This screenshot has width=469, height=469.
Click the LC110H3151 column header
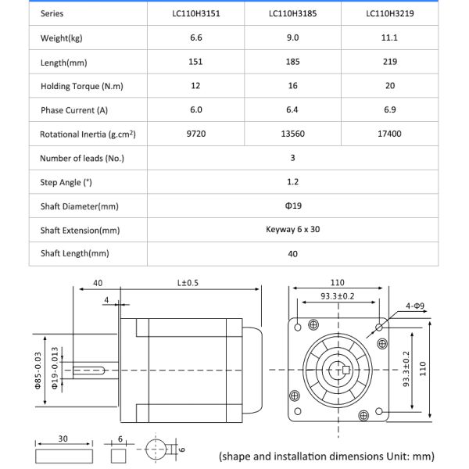click(x=195, y=13)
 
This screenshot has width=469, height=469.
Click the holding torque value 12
click(x=195, y=86)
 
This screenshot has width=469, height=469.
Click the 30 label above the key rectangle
click(x=63, y=439)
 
